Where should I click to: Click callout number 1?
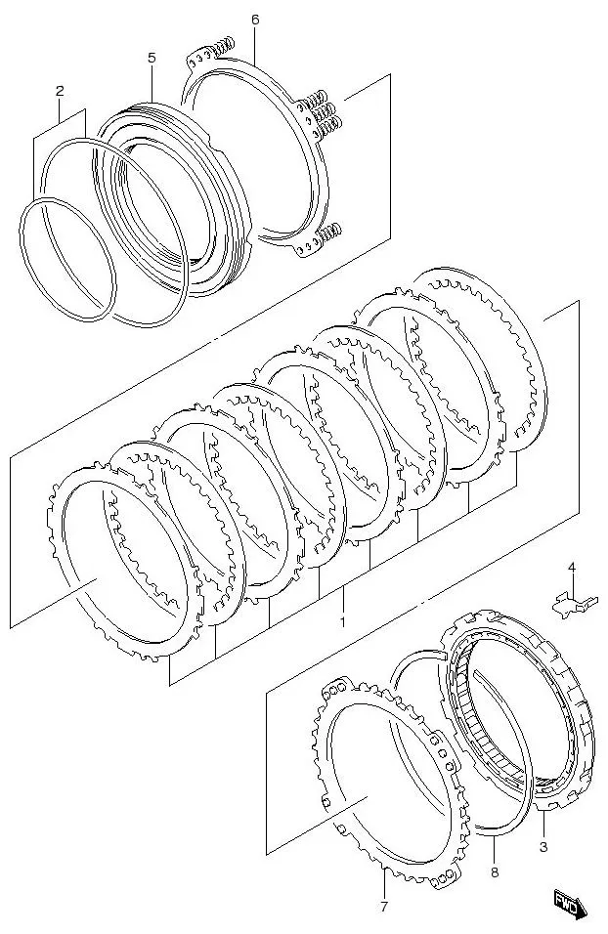(x=343, y=621)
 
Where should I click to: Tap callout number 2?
(x=60, y=91)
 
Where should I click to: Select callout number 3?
(x=543, y=847)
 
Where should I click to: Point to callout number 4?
(x=572, y=568)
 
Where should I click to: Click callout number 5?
(x=152, y=59)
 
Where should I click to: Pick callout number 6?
(x=255, y=20)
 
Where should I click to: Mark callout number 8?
(x=494, y=872)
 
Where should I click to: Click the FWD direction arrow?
(x=569, y=903)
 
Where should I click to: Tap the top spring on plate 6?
(x=223, y=46)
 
